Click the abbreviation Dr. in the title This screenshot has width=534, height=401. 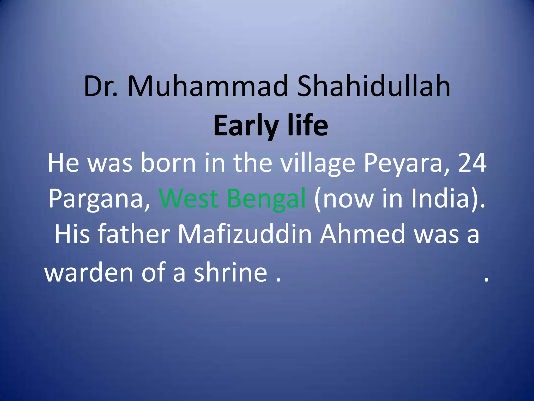(101, 86)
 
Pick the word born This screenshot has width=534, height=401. (168, 163)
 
